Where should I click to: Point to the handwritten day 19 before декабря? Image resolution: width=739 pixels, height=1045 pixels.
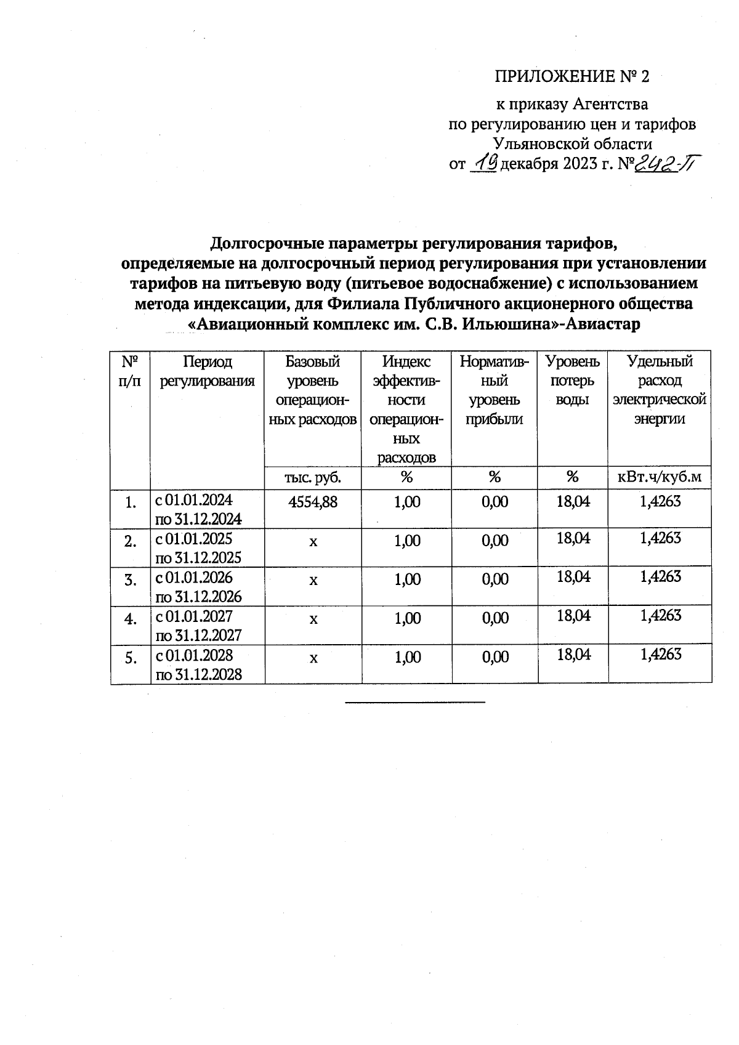[484, 164]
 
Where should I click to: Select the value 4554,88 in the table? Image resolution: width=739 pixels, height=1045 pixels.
[313, 502]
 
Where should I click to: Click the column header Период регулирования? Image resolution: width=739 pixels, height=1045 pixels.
[208, 371]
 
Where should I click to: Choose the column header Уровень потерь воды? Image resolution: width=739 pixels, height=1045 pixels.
[573, 381]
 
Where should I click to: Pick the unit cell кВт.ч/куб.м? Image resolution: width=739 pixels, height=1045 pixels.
[660, 477]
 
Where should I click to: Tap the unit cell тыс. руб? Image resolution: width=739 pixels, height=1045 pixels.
[313, 477]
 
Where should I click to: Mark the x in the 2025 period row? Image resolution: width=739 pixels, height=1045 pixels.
[313, 541]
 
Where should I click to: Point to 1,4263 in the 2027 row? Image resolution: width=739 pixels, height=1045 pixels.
[660, 615]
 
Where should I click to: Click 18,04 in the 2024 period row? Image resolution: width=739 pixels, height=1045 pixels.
[573, 501]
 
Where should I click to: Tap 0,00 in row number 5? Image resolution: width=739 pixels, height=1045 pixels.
[495, 657]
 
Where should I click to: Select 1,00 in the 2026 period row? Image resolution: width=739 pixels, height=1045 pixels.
[407, 579]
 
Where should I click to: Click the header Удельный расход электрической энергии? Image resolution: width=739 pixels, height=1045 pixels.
[660, 390]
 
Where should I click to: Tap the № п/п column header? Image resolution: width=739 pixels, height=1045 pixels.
[130, 371]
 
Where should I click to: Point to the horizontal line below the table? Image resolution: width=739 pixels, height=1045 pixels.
[415, 701]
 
